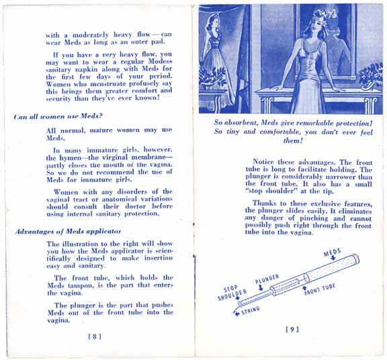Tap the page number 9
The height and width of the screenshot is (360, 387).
(x=292, y=329)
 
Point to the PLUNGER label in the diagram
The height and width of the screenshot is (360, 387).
(x=267, y=277)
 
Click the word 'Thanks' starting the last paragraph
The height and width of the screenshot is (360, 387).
(x=267, y=204)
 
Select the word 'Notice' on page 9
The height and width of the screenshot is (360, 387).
(x=267, y=162)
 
